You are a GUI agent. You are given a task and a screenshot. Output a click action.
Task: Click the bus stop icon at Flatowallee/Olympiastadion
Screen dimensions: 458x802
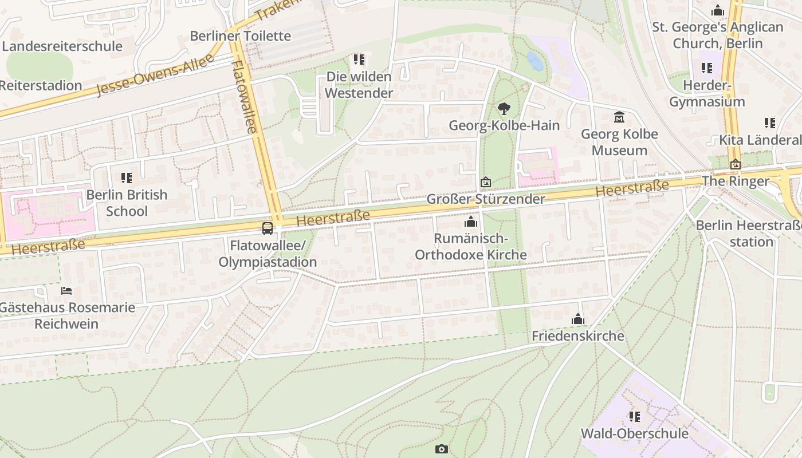coord(268,228)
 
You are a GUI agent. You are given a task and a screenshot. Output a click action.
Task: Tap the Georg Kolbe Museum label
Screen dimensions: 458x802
coord(619,142)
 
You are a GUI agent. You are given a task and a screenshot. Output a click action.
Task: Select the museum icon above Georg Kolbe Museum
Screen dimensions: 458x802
coord(619,117)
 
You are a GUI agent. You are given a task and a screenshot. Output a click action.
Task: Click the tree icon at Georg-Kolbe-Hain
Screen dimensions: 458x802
coord(504,108)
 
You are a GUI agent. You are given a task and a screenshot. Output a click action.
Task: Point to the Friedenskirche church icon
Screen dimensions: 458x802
coord(578,319)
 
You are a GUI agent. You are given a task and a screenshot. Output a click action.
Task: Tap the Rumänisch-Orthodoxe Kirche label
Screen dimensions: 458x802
coord(470,246)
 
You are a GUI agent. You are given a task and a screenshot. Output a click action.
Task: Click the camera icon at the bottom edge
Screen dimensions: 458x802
coord(441,449)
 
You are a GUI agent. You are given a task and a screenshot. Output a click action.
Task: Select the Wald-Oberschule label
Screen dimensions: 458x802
coord(634,433)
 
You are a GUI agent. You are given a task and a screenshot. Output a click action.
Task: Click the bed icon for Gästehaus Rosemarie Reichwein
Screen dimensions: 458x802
coord(66,291)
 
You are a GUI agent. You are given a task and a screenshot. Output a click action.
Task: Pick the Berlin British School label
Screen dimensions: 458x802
coord(127,203)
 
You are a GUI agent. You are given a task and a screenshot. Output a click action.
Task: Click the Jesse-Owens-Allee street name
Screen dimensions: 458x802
coord(155,74)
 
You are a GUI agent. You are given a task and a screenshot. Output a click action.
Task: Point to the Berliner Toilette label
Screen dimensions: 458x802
coord(241,35)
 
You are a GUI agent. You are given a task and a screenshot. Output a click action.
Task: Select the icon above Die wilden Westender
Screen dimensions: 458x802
coord(359,60)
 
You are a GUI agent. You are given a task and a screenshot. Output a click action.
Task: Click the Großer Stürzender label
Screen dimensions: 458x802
coord(486,199)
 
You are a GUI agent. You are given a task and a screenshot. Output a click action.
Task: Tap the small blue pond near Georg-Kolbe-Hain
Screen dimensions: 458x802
coord(534,61)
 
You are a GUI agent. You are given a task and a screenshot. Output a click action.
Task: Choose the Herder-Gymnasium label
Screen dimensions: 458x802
coord(707,94)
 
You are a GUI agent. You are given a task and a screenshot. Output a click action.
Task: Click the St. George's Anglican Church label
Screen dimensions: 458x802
coord(717,35)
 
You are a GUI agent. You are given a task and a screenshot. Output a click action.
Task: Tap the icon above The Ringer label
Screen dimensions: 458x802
coord(736,165)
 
